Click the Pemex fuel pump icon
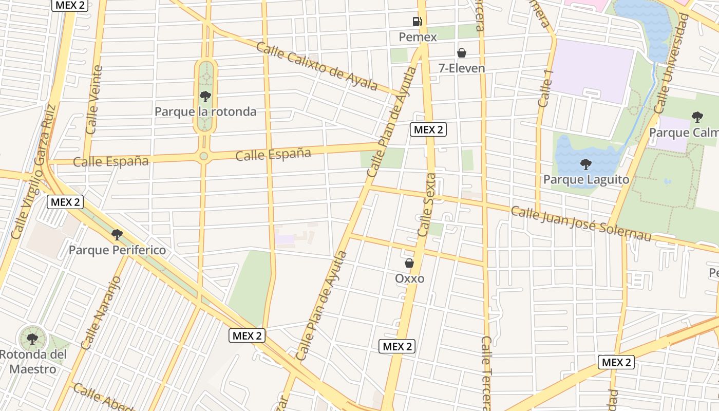[417, 22]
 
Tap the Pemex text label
[418, 37]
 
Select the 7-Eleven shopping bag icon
[462, 53]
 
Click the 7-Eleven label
[462, 68]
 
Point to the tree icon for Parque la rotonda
[205, 96]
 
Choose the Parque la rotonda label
[205, 111]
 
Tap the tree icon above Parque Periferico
[117, 235]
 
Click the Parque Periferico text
[117, 250]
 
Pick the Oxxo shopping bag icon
[409, 263]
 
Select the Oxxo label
[409, 278]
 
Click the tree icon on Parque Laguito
[586, 164]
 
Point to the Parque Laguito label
[586, 180]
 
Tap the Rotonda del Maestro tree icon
[32, 339]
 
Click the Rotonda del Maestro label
[33, 362]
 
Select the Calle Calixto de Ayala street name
[317, 66]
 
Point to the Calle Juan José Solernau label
[581, 223]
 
